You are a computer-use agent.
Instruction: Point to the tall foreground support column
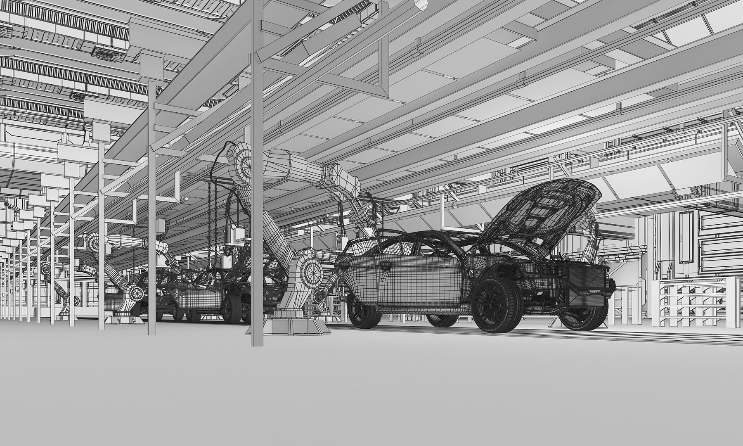coord(257,206)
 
